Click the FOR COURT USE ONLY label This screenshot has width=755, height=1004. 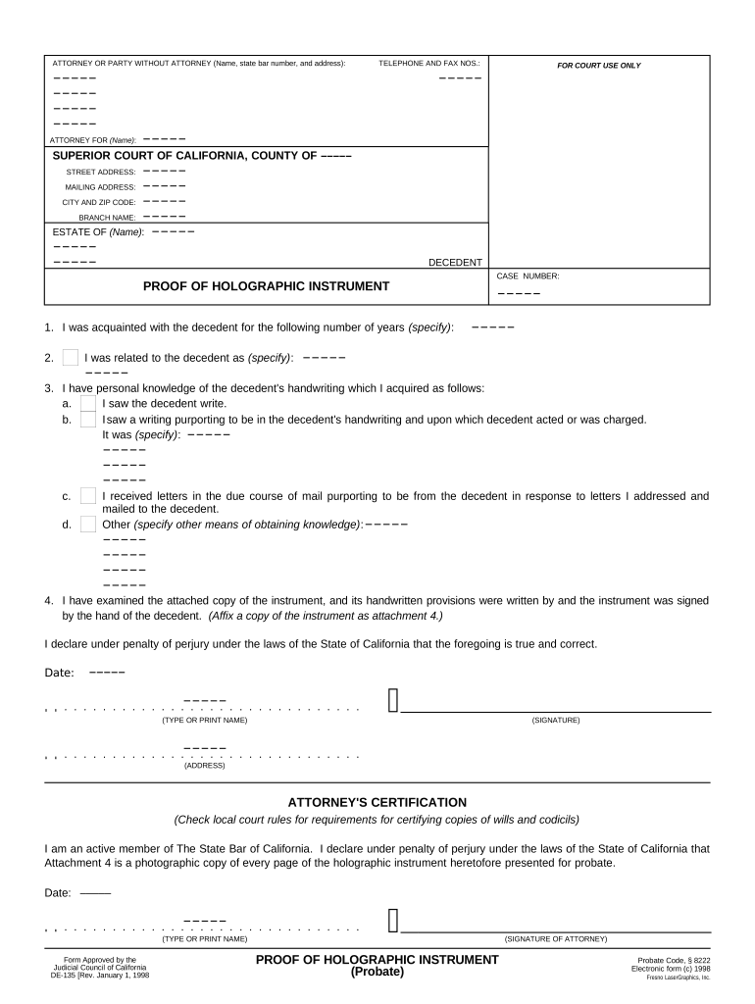pos(598,66)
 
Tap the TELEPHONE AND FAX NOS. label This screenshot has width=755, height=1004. pos(429,63)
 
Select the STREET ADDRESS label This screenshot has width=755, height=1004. pos(101,172)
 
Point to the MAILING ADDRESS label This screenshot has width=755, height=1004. pos(100,186)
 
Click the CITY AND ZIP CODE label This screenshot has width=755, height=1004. pos(99,202)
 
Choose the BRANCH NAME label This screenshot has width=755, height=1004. pos(107,217)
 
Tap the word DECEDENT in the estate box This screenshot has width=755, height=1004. pos(455,263)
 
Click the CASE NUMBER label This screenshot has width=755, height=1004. pos(528,276)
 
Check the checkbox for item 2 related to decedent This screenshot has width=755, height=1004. pos(70,358)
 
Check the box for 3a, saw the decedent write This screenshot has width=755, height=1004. pos(88,403)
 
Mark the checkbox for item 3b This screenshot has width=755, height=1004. pos(88,420)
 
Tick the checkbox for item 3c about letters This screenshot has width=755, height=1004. pos(88,496)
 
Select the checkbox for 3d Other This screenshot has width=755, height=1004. pos(88,524)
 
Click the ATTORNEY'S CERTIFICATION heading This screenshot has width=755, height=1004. pos(377,802)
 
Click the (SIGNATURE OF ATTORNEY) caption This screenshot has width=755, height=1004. pos(556,938)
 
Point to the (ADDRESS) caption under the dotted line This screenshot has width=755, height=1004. pos(204,765)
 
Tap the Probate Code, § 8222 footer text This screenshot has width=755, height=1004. pos(674,960)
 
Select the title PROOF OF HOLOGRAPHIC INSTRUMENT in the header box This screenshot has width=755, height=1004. pos(266,286)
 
